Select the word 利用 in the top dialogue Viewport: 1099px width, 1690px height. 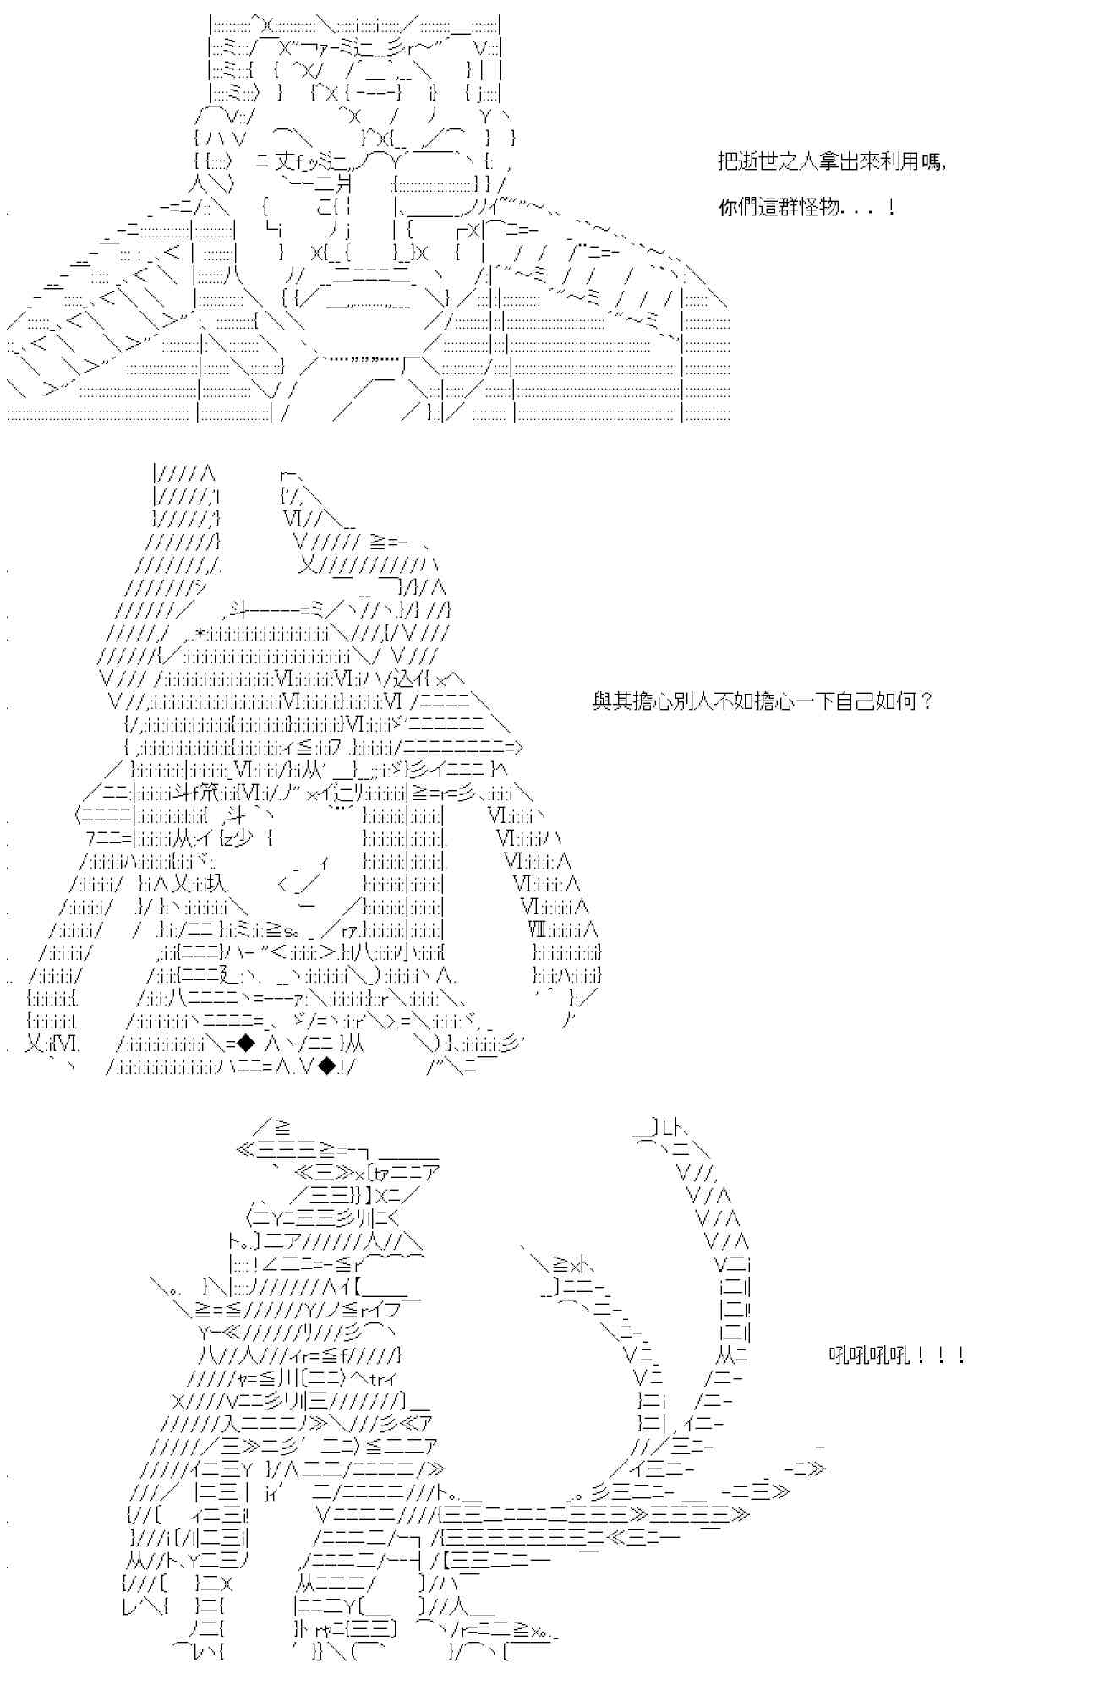click(900, 161)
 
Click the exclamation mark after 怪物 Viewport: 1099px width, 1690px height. click(892, 207)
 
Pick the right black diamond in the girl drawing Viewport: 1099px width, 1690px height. click(326, 1066)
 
